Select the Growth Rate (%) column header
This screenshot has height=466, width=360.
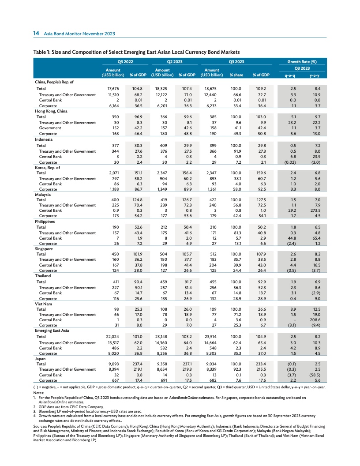click(x=302, y=62)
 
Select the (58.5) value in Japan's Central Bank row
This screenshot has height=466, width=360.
click(x=315, y=374)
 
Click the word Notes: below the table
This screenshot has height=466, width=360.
click(x=39, y=392)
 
